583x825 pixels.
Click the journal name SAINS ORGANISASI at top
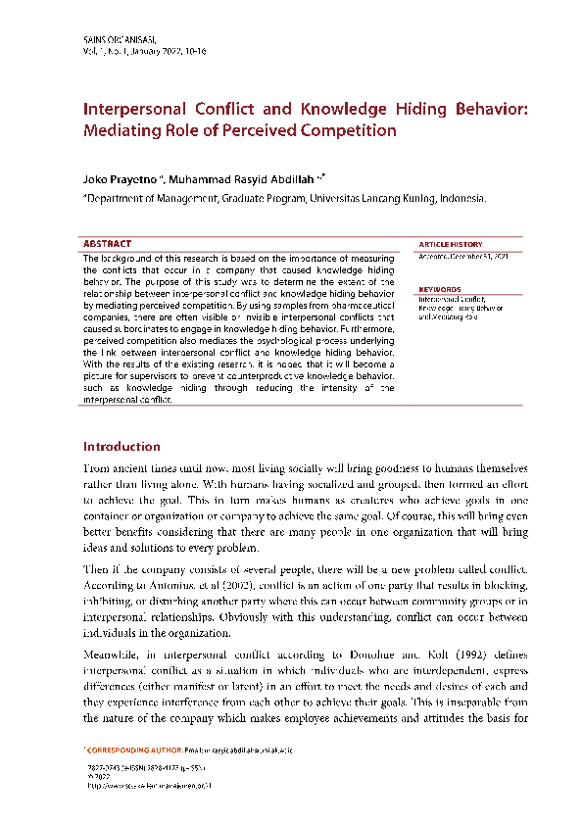click(x=116, y=38)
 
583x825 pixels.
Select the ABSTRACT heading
click(x=107, y=243)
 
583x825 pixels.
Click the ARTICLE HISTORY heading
click(x=450, y=244)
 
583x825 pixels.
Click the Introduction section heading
click(x=121, y=447)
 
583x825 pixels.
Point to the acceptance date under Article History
click(x=462, y=256)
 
